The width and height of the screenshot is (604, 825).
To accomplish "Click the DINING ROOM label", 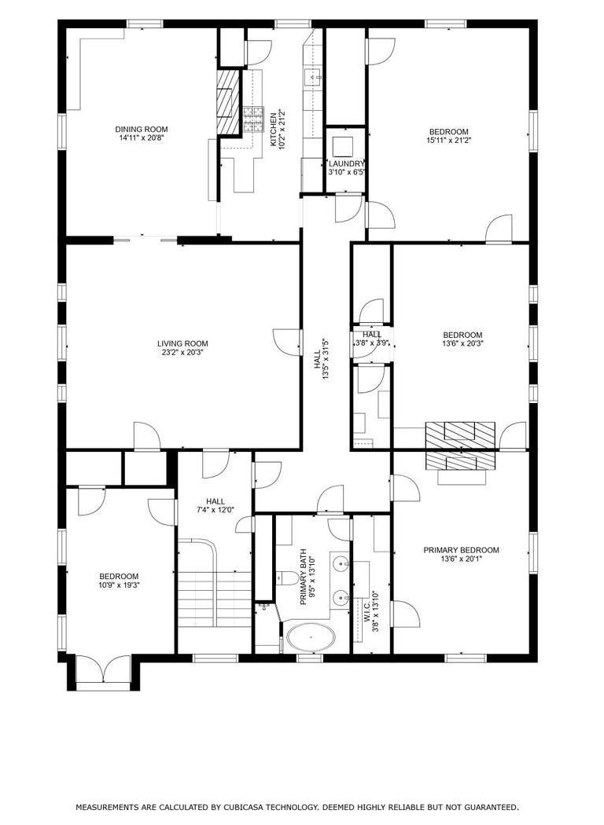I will (x=142, y=129).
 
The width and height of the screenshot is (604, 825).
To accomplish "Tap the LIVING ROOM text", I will (x=182, y=343).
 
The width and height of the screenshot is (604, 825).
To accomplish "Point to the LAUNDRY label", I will (x=347, y=164).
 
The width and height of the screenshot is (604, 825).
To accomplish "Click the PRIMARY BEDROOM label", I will (x=461, y=550).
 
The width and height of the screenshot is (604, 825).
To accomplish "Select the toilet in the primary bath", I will (x=287, y=579).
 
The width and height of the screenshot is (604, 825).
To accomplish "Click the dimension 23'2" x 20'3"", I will (x=182, y=353).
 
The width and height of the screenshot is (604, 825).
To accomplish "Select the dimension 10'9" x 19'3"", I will (x=119, y=585).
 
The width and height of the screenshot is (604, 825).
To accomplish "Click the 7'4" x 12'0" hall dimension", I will (x=215, y=511).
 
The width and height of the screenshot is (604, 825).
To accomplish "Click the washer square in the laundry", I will (x=344, y=146).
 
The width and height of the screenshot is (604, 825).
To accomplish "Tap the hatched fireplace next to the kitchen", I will (x=227, y=104).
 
